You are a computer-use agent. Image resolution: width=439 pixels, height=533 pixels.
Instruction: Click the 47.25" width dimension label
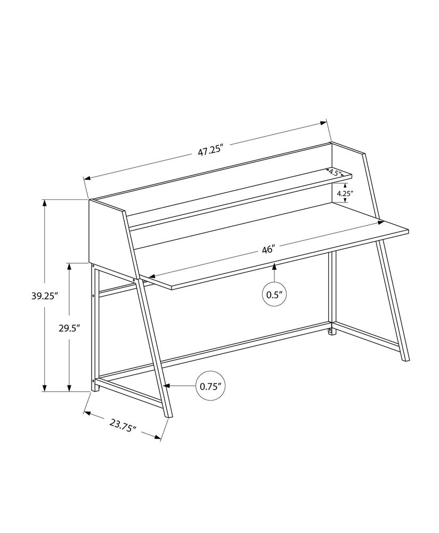(x=210, y=150)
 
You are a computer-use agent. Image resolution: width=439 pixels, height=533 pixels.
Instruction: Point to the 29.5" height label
(x=69, y=329)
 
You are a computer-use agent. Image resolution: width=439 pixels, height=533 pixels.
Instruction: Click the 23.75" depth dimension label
(x=123, y=426)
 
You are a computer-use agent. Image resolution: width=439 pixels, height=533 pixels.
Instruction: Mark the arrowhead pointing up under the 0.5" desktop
(x=274, y=266)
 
